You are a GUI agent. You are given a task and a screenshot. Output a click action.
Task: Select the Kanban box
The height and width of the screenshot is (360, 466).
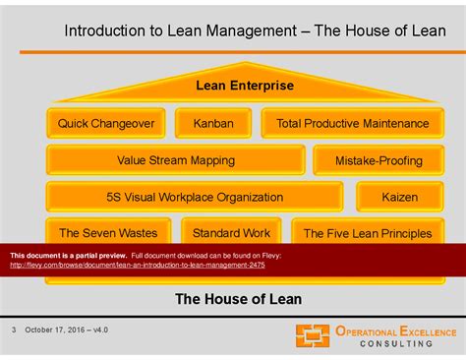pyautogui.click(x=212, y=123)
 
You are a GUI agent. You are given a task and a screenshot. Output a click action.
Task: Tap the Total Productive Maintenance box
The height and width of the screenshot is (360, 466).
pyautogui.click(x=352, y=123)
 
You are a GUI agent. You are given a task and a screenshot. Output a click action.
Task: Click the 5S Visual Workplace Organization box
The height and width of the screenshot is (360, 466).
pyautogui.click(x=195, y=197)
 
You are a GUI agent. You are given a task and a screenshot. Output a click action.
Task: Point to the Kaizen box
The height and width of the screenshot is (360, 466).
pyautogui.click(x=400, y=197)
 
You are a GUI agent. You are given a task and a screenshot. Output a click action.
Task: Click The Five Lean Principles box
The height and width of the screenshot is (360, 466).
pyautogui.click(x=367, y=233)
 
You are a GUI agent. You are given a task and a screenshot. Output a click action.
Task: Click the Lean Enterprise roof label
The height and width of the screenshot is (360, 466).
pyautogui.click(x=245, y=86)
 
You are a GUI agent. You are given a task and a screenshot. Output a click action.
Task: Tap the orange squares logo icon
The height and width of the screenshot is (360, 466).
pyautogui.click(x=314, y=335)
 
